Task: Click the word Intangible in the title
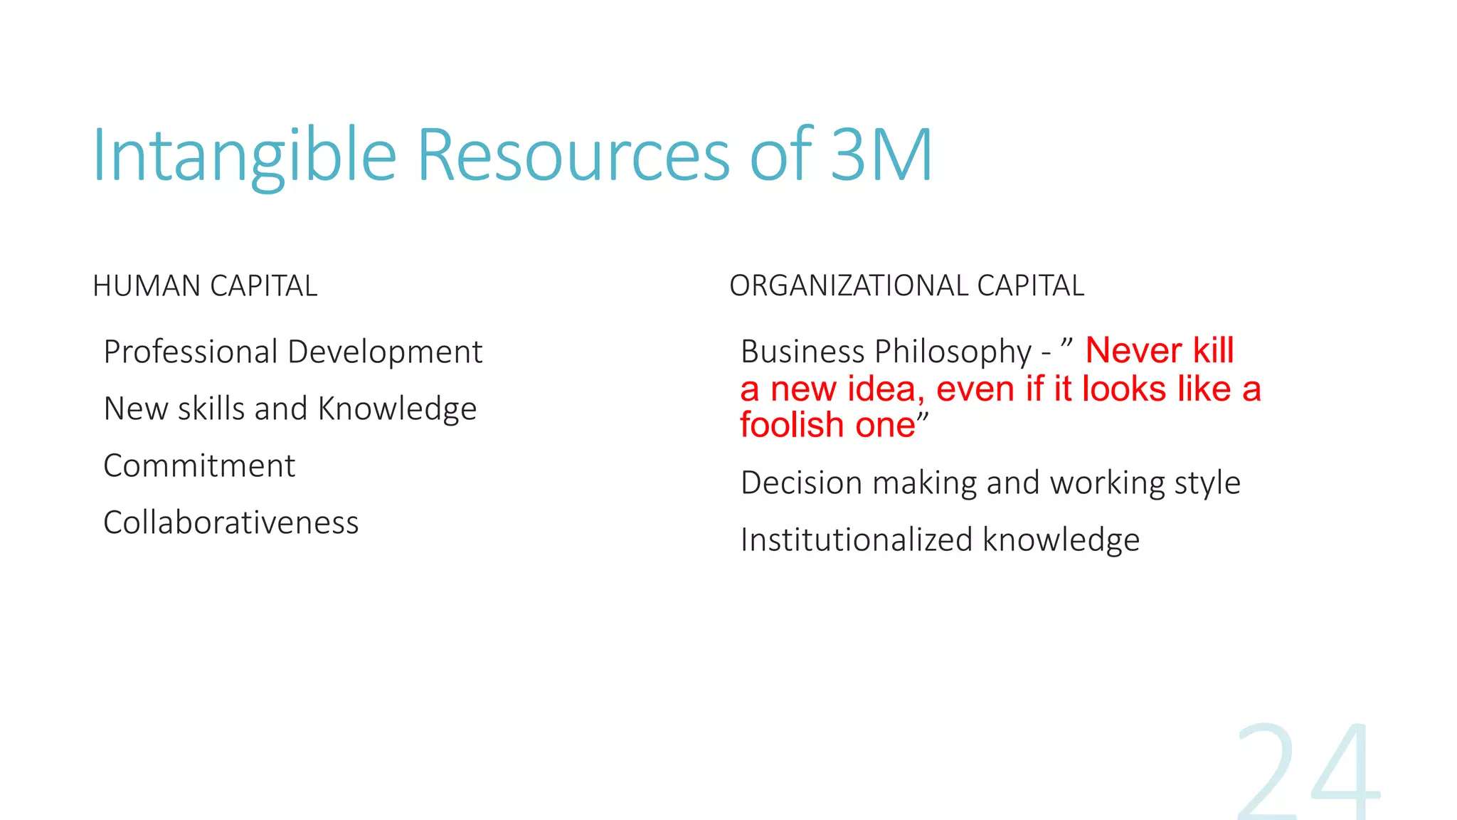[x=244, y=155]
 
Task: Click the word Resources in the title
[x=573, y=155]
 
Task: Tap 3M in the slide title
[x=881, y=155]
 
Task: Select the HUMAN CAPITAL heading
[x=205, y=286]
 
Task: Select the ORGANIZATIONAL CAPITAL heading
[x=906, y=286]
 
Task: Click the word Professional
[x=191, y=352]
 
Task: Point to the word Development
[x=385, y=352]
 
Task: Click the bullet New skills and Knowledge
[x=290, y=409]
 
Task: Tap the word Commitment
[x=199, y=466]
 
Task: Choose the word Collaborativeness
[x=231, y=522]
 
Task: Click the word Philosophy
[x=953, y=352]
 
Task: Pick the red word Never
[x=1133, y=350]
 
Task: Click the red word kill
[x=1213, y=350]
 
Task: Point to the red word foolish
[x=791, y=425]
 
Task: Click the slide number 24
[x=1309, y=772]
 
